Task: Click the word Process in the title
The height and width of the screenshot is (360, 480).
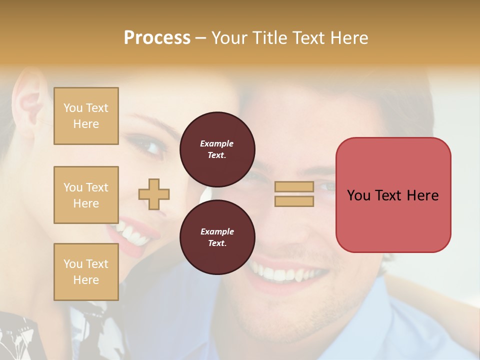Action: (x=157, y=37)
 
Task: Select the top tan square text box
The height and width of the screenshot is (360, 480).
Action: (x=86, y=116)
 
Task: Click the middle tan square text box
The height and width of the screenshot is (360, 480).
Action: (x=86, y=195)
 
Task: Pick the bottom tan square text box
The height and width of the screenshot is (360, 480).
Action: (x=86, y=272)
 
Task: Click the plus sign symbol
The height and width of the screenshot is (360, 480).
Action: (x=154, y=194)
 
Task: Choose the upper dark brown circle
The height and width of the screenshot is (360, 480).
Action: (x=217, y=149)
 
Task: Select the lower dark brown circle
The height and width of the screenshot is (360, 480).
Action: (x=217, y=237)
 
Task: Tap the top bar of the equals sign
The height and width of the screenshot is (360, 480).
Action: (x=294, y=186)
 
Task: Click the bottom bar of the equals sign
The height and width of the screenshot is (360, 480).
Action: (x=294, y=201)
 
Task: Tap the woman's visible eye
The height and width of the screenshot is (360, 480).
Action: (x=150, y=146)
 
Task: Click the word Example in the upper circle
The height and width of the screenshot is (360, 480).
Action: (x=216, y=143)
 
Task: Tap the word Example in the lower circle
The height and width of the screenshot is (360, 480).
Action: (x=217, y=231)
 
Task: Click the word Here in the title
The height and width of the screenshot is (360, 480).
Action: (x=350, y=37)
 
